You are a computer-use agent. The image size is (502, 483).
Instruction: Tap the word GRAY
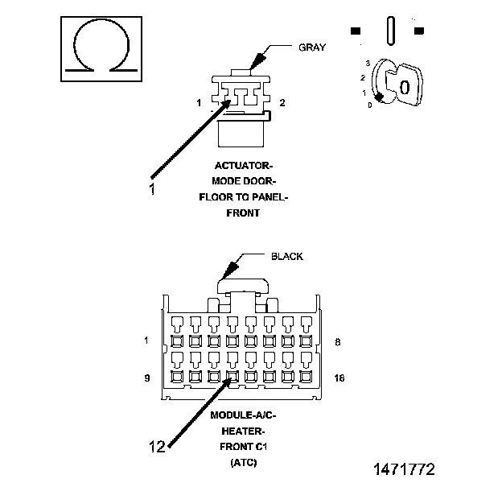pos(312,47)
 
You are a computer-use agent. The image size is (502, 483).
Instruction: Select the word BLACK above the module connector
pos(287,256)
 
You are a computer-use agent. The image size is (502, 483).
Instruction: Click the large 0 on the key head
pos(405,87)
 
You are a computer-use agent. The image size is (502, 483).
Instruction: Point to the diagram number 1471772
pos(405,469)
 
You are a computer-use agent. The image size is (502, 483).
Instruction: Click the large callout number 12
pos(157,446)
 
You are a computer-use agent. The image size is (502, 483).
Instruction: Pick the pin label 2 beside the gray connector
pos(282,102)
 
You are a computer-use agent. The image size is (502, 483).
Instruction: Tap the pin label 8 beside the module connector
pos(338,342)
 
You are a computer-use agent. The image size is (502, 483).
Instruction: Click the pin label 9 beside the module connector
pos(147,378)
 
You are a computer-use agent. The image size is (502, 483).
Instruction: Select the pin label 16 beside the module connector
pos(339,378)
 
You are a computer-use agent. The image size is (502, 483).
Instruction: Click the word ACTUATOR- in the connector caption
pos(243,166)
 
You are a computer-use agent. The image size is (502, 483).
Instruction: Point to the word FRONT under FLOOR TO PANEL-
pos(243,213)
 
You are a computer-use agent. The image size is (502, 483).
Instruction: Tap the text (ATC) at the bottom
pos(243,462)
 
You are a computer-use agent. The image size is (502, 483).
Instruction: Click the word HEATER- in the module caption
pos(243,431)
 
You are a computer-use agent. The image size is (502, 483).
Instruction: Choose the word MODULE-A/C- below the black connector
pos(243,415)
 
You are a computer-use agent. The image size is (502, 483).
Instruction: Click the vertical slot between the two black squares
pos(391,31)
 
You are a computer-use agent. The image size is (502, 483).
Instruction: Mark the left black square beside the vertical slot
pos(356,31)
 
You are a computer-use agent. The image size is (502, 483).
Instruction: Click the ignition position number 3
pos(368,63)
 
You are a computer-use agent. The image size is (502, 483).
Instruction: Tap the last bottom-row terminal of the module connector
pos(306,377)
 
